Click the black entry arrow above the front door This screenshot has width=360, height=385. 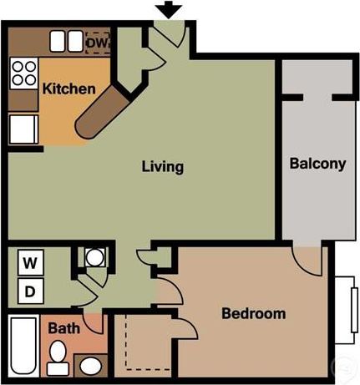170,9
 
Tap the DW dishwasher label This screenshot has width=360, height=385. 96,41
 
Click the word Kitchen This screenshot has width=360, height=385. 68,89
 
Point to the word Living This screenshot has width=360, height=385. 162,167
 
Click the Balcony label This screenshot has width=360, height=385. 317,164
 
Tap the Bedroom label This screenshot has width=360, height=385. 253,314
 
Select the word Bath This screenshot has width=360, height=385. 64,328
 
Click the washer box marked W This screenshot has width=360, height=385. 30,263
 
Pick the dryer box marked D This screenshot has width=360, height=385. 30,291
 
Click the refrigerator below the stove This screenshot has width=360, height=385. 22,129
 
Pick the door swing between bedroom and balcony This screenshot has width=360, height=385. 308,260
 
